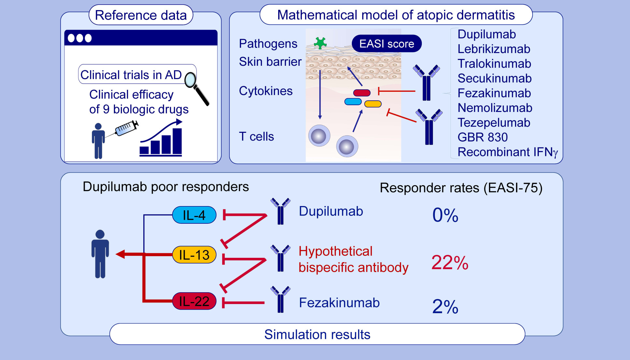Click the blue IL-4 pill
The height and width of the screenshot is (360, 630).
tap(194, 215)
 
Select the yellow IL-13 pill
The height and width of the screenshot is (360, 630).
tap(194, 255)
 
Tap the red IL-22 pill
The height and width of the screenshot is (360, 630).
tap(194, 301)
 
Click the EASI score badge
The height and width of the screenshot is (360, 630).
tap(387, 44)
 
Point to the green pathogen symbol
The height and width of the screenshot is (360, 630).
tap(320, 43)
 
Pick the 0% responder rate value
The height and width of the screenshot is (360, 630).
tap(445, 215)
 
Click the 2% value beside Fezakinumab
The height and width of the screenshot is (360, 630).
tap(445, 307)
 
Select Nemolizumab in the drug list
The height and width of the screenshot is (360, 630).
tap(495, 108)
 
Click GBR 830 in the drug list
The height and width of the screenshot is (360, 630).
tap(482, 137)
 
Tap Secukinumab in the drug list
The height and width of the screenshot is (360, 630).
tap(494, 78)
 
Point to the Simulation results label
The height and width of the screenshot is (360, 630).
tap(317, 334)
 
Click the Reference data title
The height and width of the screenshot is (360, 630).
tap(141, 15)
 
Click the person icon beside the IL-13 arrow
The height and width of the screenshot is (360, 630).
tap(100, 254)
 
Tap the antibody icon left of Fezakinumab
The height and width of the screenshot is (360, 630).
tap(280, 299)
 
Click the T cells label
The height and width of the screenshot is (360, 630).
tap(256, 136)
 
